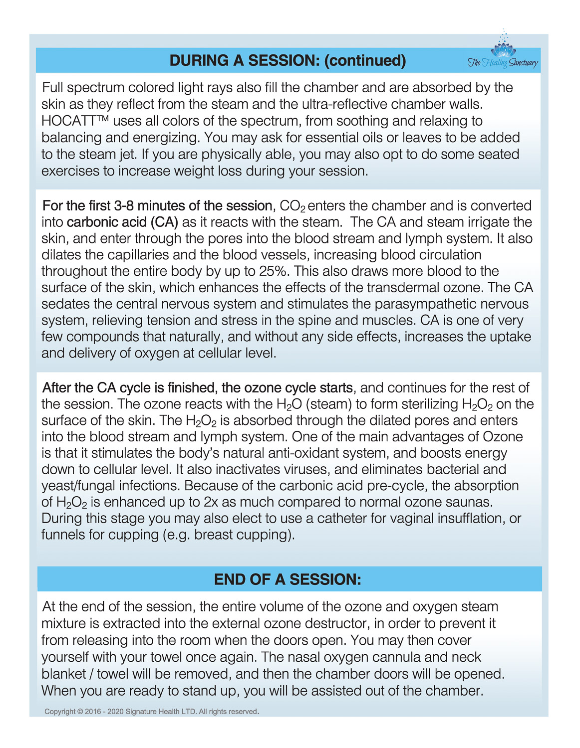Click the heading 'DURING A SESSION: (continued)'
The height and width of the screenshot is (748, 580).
(288, 60)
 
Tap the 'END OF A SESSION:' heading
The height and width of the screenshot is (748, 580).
(288, 579)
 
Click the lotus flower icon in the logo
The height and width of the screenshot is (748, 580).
(503, 48)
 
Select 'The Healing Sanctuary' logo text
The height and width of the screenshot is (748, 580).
(503, 63)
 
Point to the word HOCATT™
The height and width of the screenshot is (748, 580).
(75, 121)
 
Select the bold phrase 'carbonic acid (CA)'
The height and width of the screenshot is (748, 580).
(122, 222)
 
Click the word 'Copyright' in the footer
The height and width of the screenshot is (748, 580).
(60, 712)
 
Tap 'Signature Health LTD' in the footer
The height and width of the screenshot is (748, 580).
(161, 712)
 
